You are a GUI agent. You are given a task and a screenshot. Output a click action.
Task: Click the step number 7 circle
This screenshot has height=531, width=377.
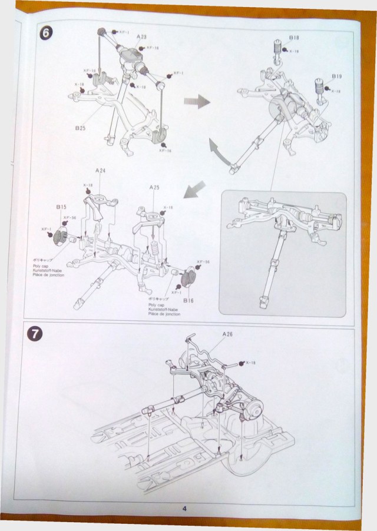coord(35,334)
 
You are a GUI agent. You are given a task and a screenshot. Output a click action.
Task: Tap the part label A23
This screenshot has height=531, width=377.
coord(141,37)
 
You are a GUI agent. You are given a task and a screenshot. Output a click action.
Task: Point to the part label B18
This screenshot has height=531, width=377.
coord(294,38)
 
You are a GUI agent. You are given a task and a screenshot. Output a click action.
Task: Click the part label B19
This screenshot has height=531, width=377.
coord(336,76)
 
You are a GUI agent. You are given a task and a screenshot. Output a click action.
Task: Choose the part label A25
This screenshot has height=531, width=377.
coord(154,187)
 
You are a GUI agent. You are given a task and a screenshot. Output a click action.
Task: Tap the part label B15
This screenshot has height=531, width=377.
coord(61,207)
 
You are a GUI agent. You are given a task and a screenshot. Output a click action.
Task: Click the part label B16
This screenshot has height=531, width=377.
coord(188,300)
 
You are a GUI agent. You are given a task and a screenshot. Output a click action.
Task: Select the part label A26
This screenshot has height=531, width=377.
coord(228,334)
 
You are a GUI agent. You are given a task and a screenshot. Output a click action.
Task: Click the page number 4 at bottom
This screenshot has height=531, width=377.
coord(184,509)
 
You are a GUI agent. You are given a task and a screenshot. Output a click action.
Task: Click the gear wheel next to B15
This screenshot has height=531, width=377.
coord(60,237)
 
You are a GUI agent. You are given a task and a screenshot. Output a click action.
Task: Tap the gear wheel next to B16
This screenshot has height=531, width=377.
coord(189,278)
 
